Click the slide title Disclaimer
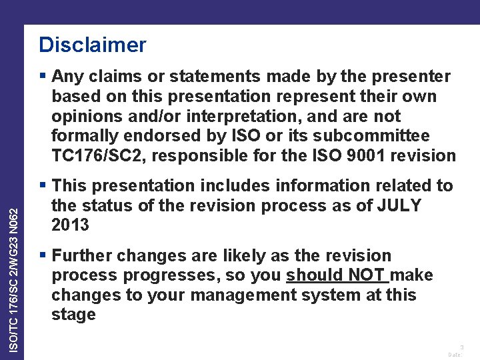tap(92, 45)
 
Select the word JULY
tap(398, 205)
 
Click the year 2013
tap(70, 225)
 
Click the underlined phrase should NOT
tap(337, 275)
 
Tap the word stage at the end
tap(73, 315)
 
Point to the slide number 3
tap(462, 347)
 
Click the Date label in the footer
tap(455, 355)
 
